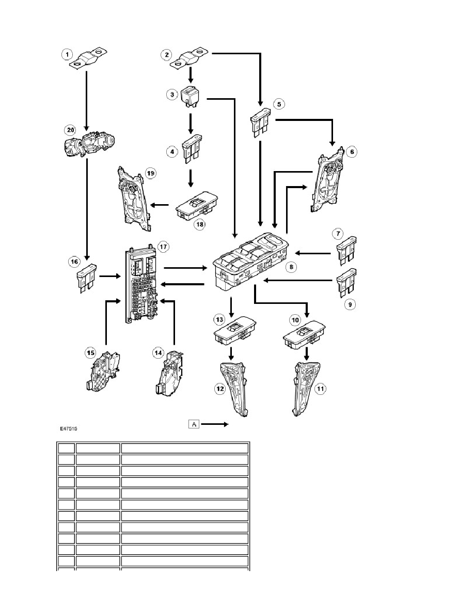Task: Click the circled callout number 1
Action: (x=67, y=54)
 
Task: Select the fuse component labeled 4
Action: (x=192, y=149)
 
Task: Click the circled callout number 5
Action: (x=279, y=104)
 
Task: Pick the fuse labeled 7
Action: (x=346, y=249)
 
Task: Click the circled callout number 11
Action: (x=320, y=389)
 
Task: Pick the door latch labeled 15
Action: (x=102, y=371)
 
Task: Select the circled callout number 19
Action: (x=151, y=173)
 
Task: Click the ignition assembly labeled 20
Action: (x=88, y=145)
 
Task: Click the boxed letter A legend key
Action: (x=194, y=424)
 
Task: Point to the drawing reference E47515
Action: (x=69, y=429)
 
